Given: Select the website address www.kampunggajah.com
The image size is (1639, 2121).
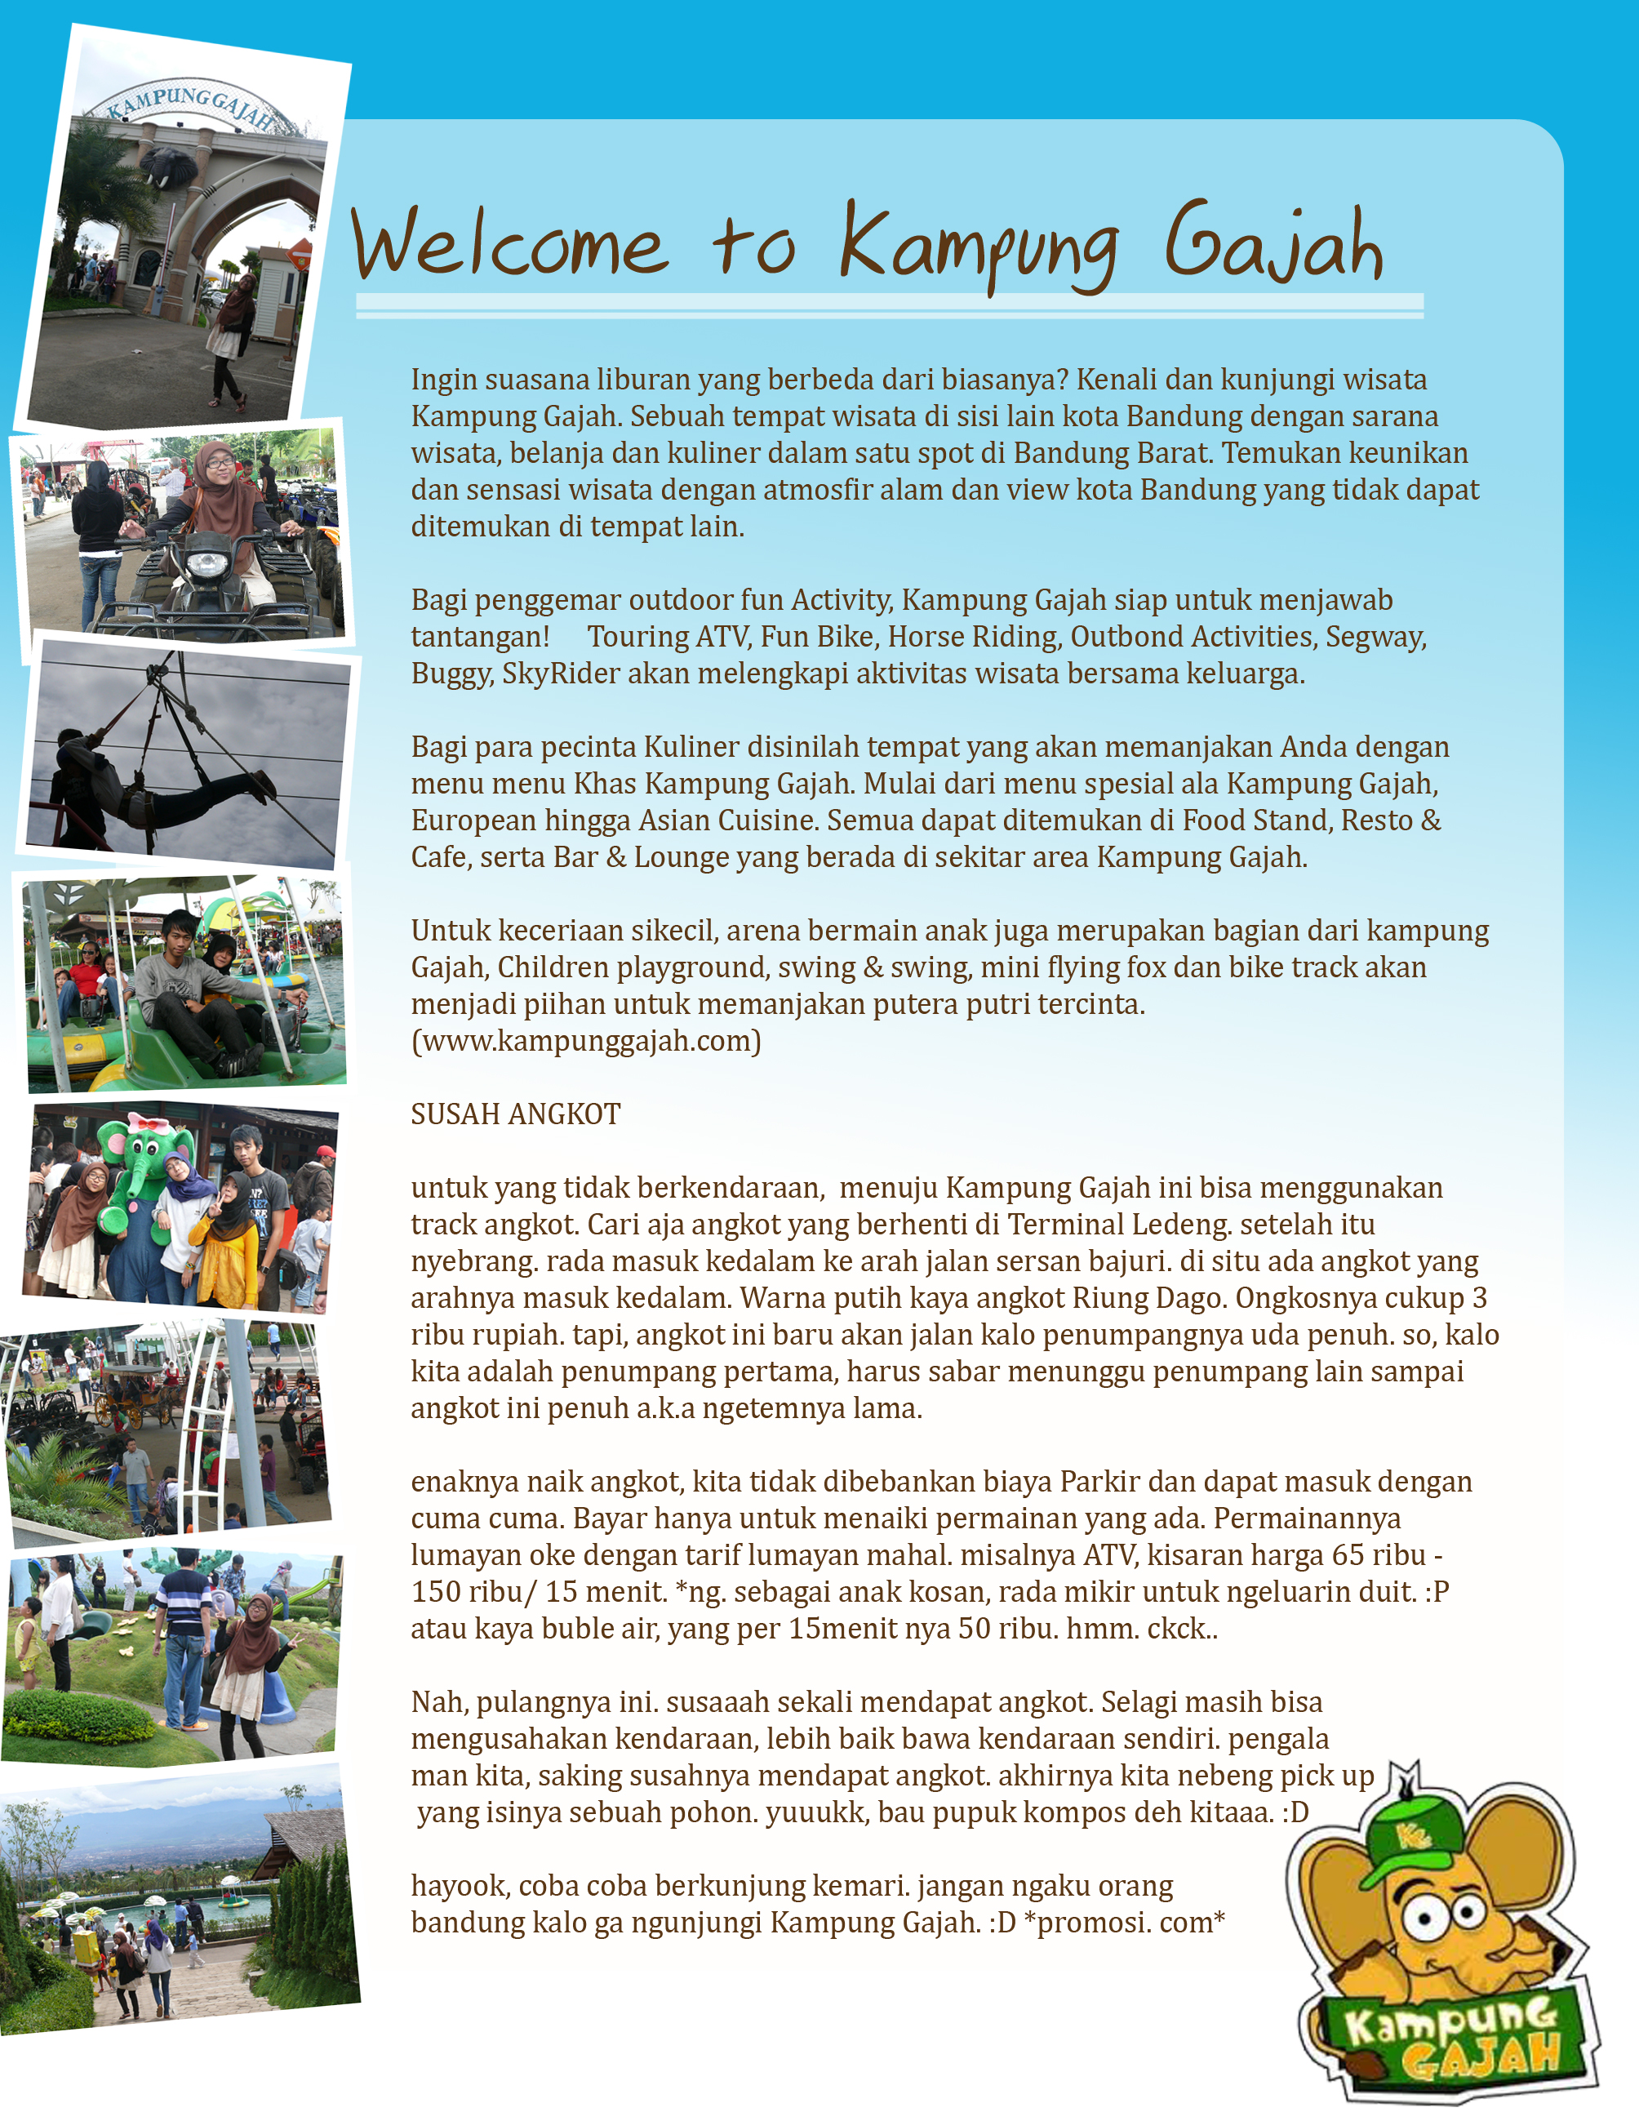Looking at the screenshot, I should point(587,1041).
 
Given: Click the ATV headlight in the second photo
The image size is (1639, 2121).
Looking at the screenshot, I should point(206,563).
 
